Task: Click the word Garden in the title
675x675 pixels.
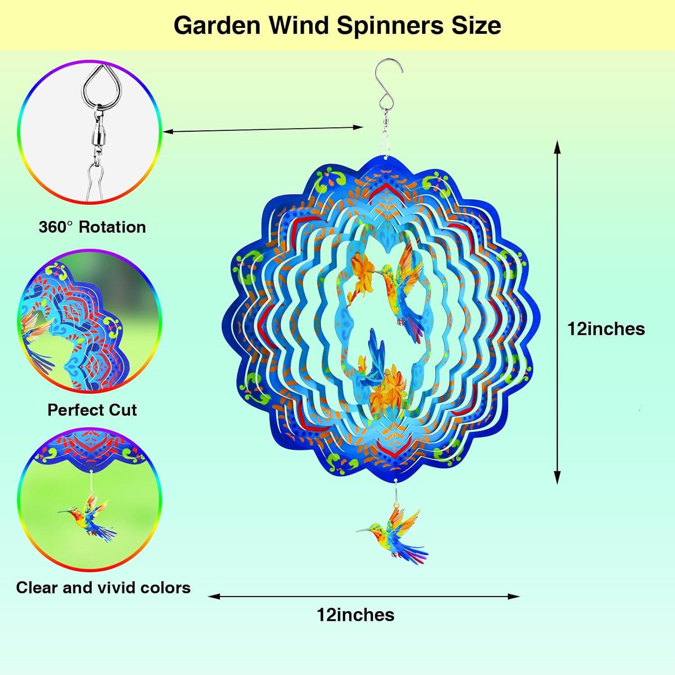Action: [x=217, y=25]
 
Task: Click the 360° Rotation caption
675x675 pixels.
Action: [x=92, y=227]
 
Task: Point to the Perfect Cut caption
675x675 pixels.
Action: [x=92, y=410]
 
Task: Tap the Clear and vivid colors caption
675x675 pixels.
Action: [x=103, y=588]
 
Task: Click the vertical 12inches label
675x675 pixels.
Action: [x=606, y=329]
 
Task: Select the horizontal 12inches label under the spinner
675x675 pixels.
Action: [x=355, y=615]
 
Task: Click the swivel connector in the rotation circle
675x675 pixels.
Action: [x=97, y=135]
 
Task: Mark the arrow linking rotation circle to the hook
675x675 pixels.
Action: [x=263, y=130]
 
